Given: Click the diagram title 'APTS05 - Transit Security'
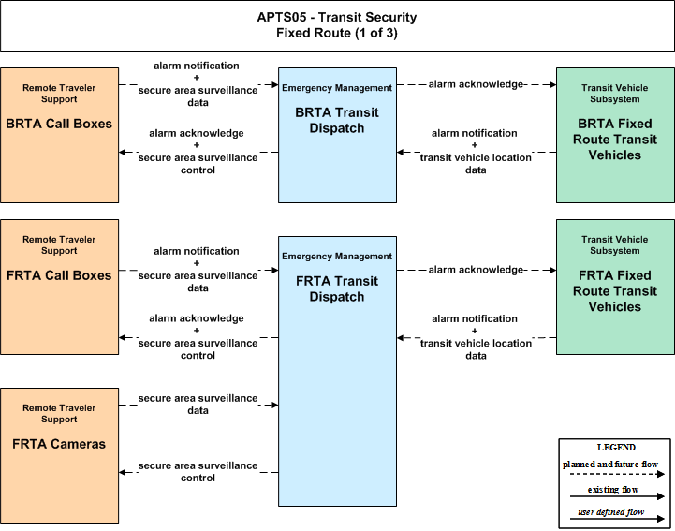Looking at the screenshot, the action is [x=337, y=17].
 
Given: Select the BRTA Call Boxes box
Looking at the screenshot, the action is [x=59, y=135].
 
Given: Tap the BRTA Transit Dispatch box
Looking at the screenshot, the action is [x=337, y=135].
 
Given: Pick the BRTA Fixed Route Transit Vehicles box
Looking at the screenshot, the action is [x=615, y=135].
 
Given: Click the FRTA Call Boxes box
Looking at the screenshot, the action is [x=59, y=288].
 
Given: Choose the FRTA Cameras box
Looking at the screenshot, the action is [x=59, y=456].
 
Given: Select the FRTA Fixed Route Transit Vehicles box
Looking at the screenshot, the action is [x=615, y=288].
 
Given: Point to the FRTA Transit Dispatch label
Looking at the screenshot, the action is [x=337, y=289].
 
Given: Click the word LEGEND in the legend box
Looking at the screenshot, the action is [x=616, y=448].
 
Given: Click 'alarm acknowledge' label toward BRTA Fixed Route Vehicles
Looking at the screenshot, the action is [x=476, y=84].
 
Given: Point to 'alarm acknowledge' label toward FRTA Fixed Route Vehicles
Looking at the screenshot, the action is [x=476, y=270].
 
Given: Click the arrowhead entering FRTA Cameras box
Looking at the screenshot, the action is [x=123, y=472].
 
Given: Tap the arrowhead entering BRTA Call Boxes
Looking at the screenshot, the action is [x=123, y=152].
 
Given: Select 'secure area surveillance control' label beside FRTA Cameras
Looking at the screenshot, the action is [x=198, y=472].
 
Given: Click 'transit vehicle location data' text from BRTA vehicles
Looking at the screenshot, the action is [x=476, y=164].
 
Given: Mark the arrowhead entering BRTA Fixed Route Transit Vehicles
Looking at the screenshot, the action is [x=552, y=84].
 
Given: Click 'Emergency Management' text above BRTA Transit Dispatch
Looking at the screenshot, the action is [x=337, y=88].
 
